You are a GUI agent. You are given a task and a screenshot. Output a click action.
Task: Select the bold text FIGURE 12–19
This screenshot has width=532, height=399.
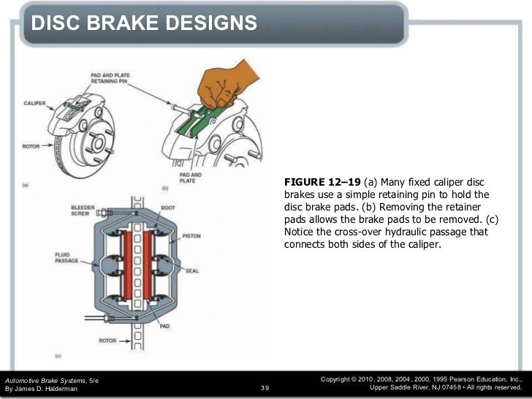click(x=320, y=182)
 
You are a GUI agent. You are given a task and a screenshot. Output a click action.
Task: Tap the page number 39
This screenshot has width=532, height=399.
click(x=265, y=388)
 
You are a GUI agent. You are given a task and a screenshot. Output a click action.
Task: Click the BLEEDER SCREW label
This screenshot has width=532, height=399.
click(x=82, y=210)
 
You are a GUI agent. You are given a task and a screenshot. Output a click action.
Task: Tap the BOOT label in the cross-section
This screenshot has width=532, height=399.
click(x=168, y=208)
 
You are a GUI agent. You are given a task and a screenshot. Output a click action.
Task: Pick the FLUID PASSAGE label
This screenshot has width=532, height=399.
click(x=65, y=257)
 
